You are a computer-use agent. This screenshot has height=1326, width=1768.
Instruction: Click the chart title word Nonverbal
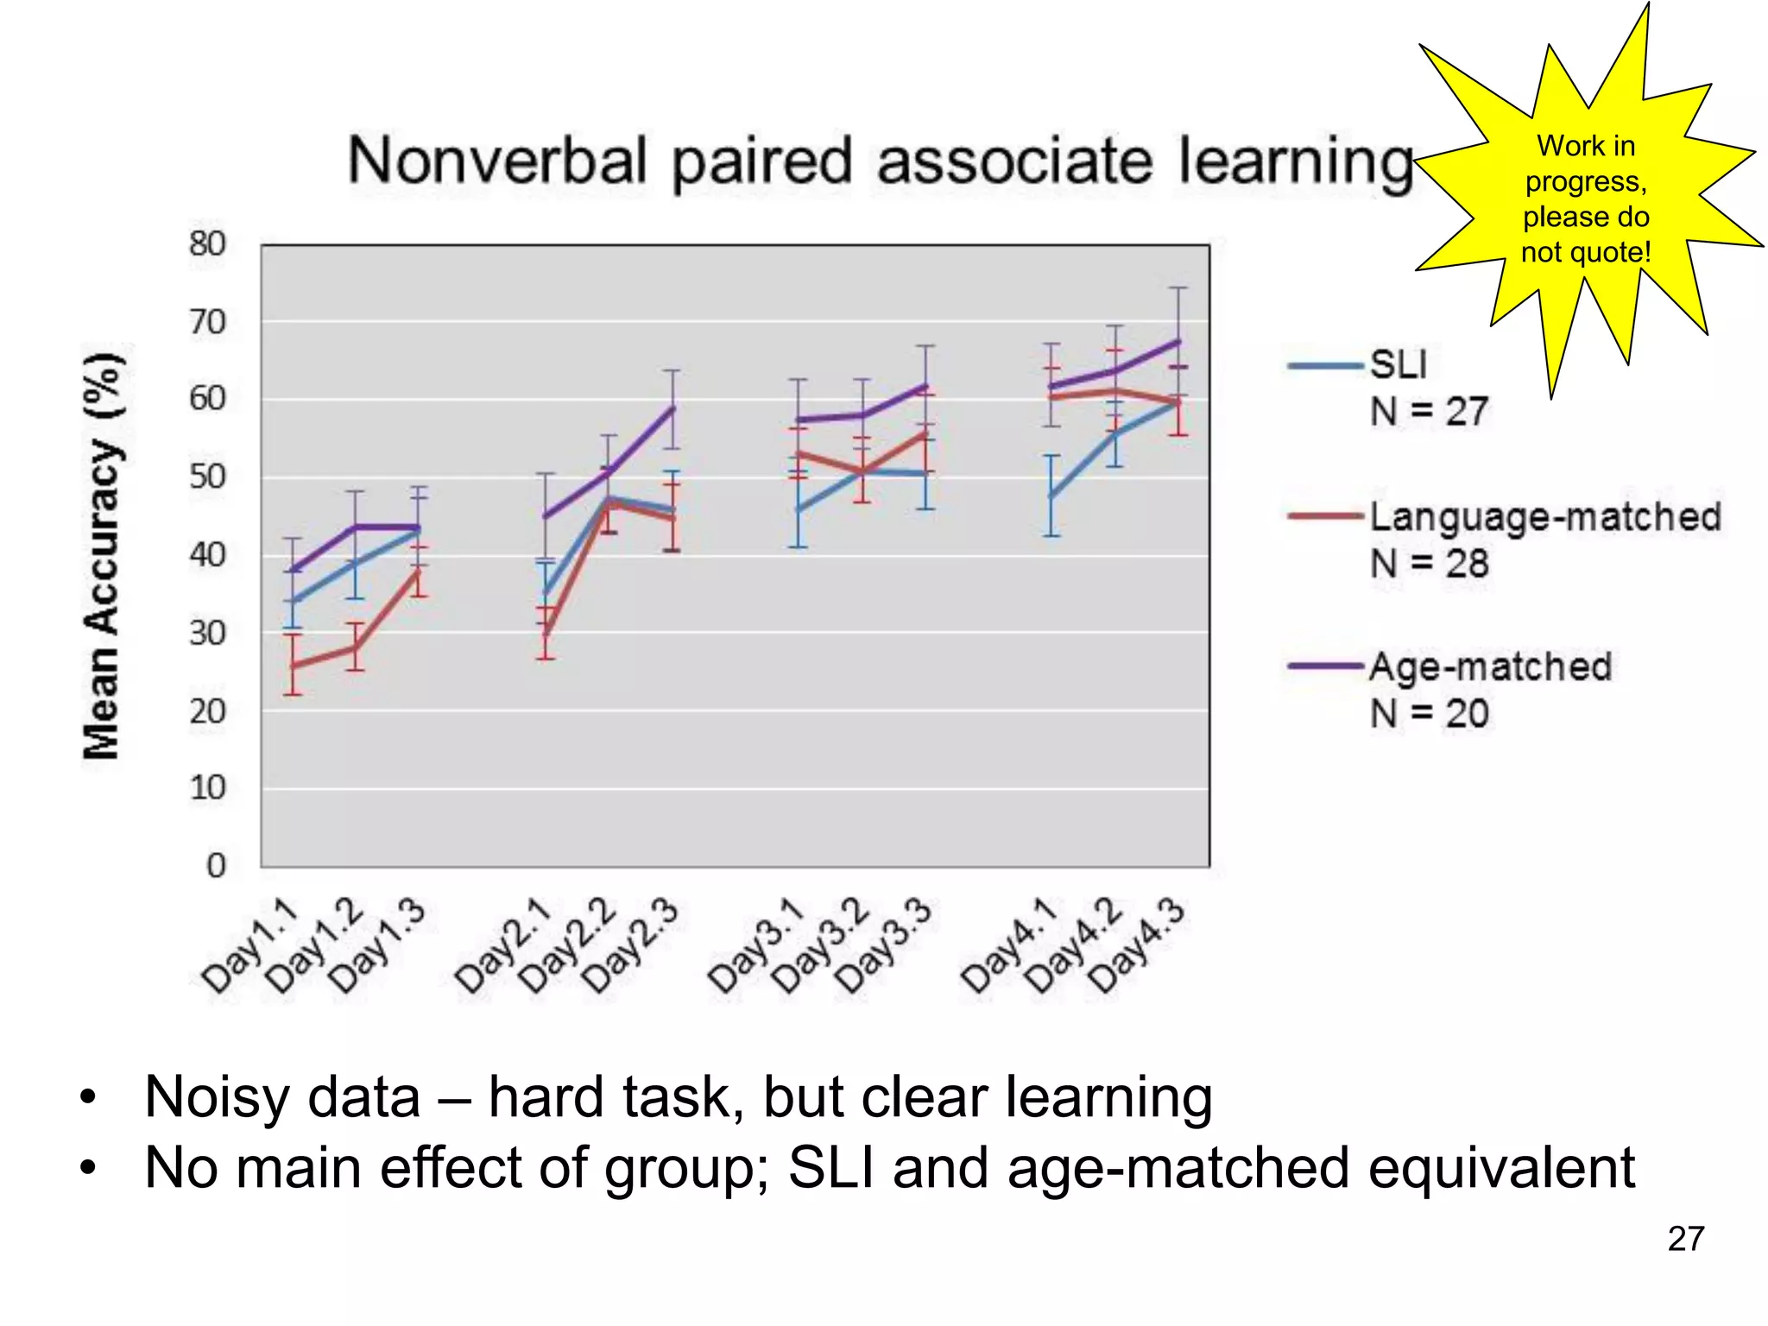(x=496, y=161)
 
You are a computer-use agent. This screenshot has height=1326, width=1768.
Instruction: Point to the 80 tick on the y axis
(x=207, y=244)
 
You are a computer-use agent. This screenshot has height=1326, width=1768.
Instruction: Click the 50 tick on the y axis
(x=207, y=477)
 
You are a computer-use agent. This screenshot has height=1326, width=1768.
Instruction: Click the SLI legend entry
(x=1399, y=364)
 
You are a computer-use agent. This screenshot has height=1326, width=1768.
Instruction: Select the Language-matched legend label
(x=1545, y=516)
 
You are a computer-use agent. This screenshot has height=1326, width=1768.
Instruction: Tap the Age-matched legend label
(x=1491, y=666)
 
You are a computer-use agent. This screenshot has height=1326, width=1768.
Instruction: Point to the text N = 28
(x=1430, y=564)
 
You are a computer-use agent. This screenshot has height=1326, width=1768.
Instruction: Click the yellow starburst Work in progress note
(x=1586, y=199)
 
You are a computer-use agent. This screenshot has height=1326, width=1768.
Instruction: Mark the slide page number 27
(x=1685, y=1239)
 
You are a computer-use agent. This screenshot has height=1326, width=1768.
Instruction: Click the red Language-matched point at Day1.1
(x=294, y=666)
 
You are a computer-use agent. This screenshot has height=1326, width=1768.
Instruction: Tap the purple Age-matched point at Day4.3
(x=1178, y=342)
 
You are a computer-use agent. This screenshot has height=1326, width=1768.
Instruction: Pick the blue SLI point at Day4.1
(x=1051, y=496)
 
